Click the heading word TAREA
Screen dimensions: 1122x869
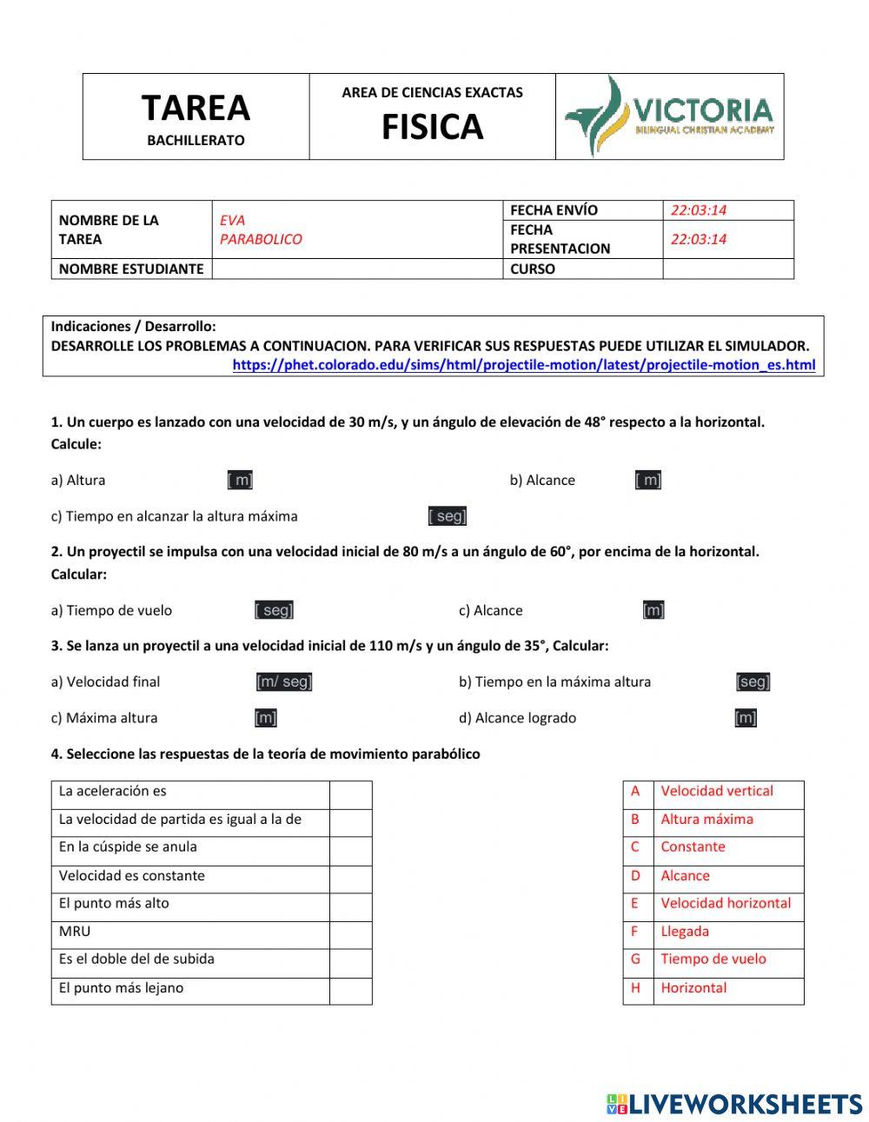click(196, 109)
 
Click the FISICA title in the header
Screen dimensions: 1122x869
click(432, 128)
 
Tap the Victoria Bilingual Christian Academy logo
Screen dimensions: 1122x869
click(669, 116)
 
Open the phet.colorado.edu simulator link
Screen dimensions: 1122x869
click(523, 365)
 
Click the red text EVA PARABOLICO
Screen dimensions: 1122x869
click(261, 230)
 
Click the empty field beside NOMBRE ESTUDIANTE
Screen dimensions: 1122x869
click(356, 269)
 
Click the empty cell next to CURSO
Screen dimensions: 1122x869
click(727, 269)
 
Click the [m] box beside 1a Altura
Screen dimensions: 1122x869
click(240, 480)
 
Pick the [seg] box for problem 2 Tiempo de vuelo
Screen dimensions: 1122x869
click(274, 610)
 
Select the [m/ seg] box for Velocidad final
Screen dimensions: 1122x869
click(284, 682)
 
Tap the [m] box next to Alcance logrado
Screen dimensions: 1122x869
click(746, 718)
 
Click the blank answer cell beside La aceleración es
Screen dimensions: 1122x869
click(350, 794)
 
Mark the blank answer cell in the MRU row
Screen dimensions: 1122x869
click(350, 934)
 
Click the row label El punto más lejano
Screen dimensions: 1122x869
click(121, 988)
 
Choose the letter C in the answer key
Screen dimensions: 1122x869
click(635, 847)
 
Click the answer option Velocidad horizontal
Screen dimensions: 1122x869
click(726, 904)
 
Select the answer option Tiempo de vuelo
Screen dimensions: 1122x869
click(713, 959)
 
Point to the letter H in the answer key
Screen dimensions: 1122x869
click(635, 988)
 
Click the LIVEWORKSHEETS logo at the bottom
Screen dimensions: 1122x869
click(734, 1104)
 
